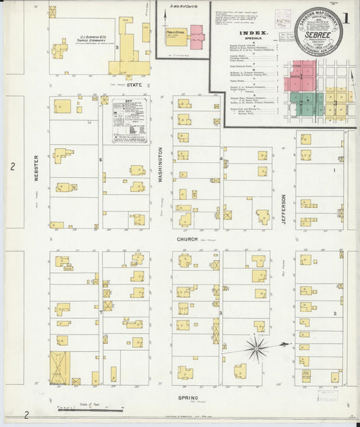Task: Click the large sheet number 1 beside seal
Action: (x=346, y=17)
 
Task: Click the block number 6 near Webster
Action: (x=101, y=159)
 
